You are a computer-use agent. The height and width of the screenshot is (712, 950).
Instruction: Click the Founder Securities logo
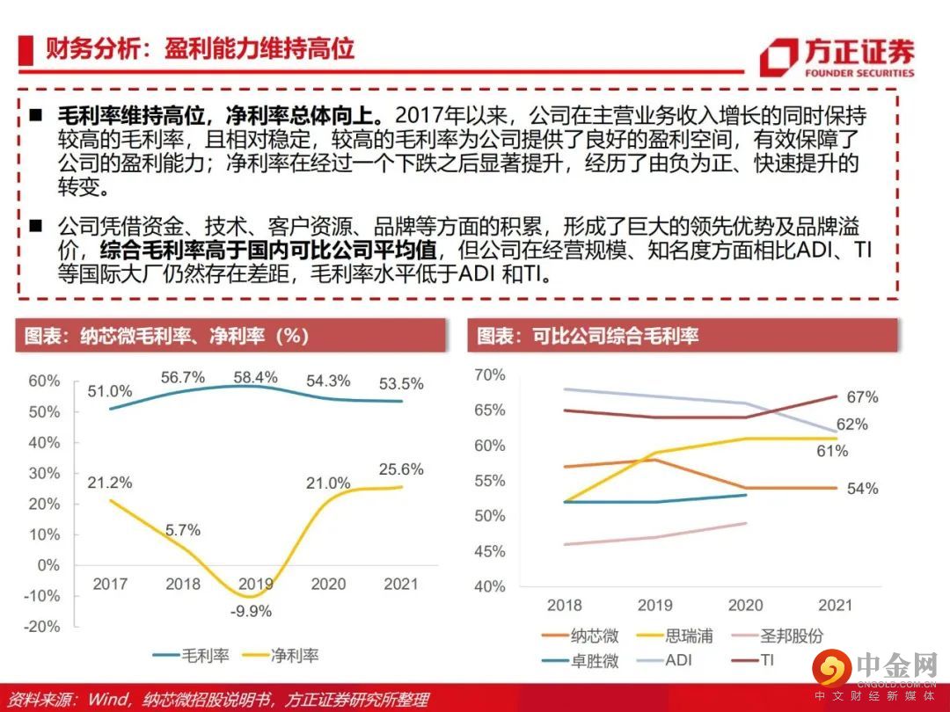tap(836, 57)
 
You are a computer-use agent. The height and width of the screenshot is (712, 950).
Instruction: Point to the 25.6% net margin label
tap(402, 469)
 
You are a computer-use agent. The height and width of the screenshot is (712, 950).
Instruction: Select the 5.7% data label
tap(183, 530)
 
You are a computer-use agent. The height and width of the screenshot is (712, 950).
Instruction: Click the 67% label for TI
tap(863, 397)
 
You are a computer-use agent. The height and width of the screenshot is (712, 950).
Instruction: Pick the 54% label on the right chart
tap(863, 489)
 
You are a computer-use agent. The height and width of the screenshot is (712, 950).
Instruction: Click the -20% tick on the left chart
tap(43, 627)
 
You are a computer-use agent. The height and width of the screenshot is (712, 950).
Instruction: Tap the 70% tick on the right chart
tap(490, 375)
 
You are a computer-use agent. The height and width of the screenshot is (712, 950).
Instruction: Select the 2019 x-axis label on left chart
tap(256, 584)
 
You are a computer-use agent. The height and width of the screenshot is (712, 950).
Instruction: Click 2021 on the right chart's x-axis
tap(834, 605)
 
